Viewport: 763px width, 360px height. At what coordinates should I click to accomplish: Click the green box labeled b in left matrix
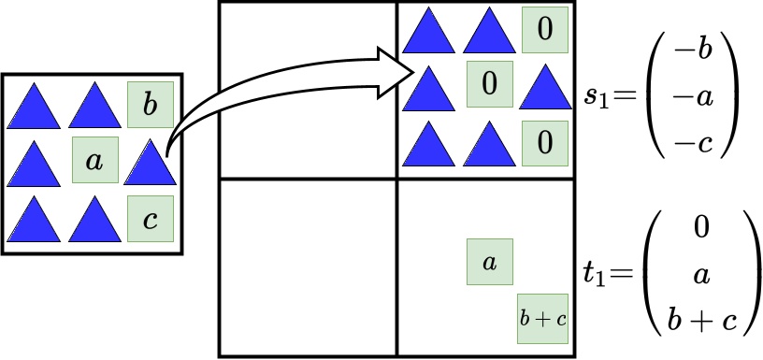point(151,105)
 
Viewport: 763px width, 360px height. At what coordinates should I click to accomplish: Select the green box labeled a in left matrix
point(94,161)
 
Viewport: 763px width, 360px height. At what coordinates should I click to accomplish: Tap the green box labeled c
point(151,220)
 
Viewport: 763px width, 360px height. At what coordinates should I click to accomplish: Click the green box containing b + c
point(544,318)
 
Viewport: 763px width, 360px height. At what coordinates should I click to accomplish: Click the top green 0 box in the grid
point(544,30)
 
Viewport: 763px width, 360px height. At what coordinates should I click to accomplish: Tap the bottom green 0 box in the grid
point(544,142)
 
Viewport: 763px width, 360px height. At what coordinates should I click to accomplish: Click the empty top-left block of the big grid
point(308,90)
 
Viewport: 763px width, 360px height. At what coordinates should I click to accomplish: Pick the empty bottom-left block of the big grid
point(308,267)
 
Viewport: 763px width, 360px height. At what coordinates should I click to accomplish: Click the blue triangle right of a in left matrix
point(151,163)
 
